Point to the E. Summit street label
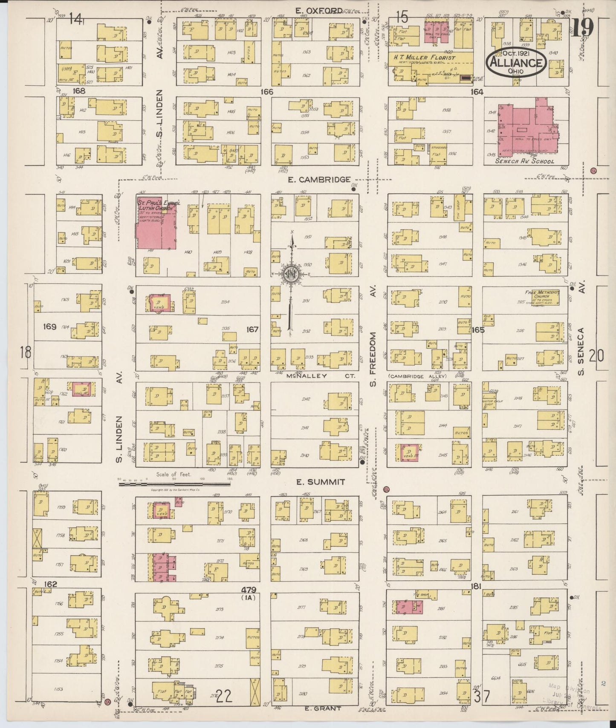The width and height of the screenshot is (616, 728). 321,482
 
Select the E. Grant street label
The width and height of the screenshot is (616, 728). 324,708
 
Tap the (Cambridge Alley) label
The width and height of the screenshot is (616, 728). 417,376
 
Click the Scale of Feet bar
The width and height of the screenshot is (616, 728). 175,480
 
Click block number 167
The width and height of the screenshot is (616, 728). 253,329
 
